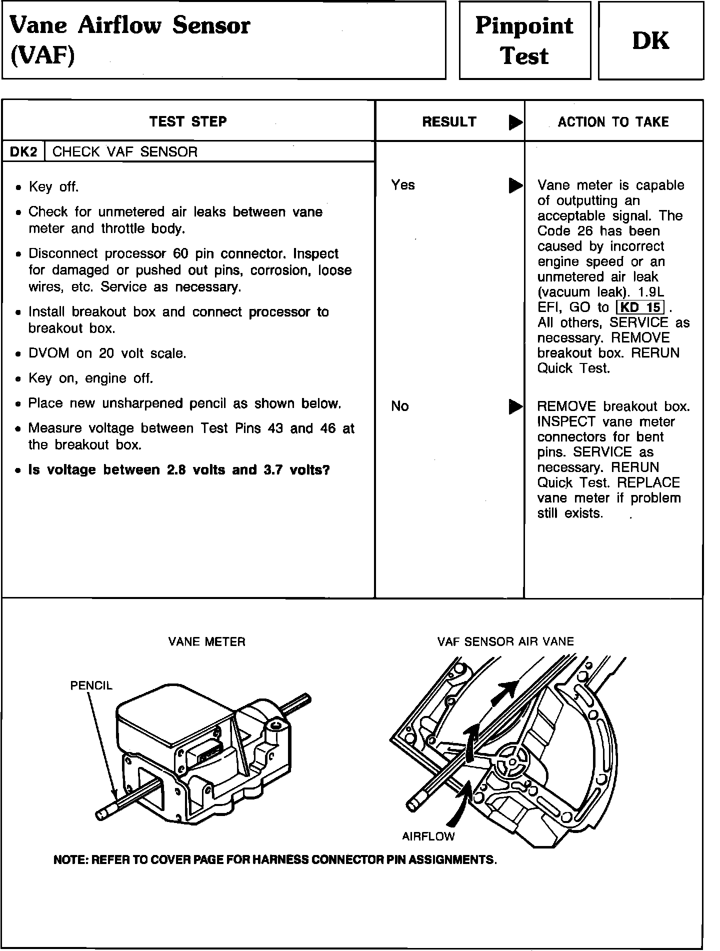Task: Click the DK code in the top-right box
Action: coord(650,40)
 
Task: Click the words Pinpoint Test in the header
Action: coord(524,40)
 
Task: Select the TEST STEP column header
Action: coord(188,121)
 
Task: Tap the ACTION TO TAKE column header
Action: coord(613,122)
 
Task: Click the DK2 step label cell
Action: coord(23,152)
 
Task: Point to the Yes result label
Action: coord(403,185)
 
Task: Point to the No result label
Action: coord(400,406)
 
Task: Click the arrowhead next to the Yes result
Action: coord(515,185)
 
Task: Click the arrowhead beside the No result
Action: coord(515,406)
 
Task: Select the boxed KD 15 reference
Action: coord(640,307)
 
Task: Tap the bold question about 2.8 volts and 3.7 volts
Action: coord(179,470)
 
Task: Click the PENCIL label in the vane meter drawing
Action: coord(91,685)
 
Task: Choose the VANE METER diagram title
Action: coord(207,642)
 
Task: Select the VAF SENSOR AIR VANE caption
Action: coord(505,641)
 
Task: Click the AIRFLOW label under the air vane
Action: coord(428,835)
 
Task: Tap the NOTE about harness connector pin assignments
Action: coord(275,860)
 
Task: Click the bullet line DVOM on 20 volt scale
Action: coord(107,353)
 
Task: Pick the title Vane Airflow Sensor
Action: coord(130,25)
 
